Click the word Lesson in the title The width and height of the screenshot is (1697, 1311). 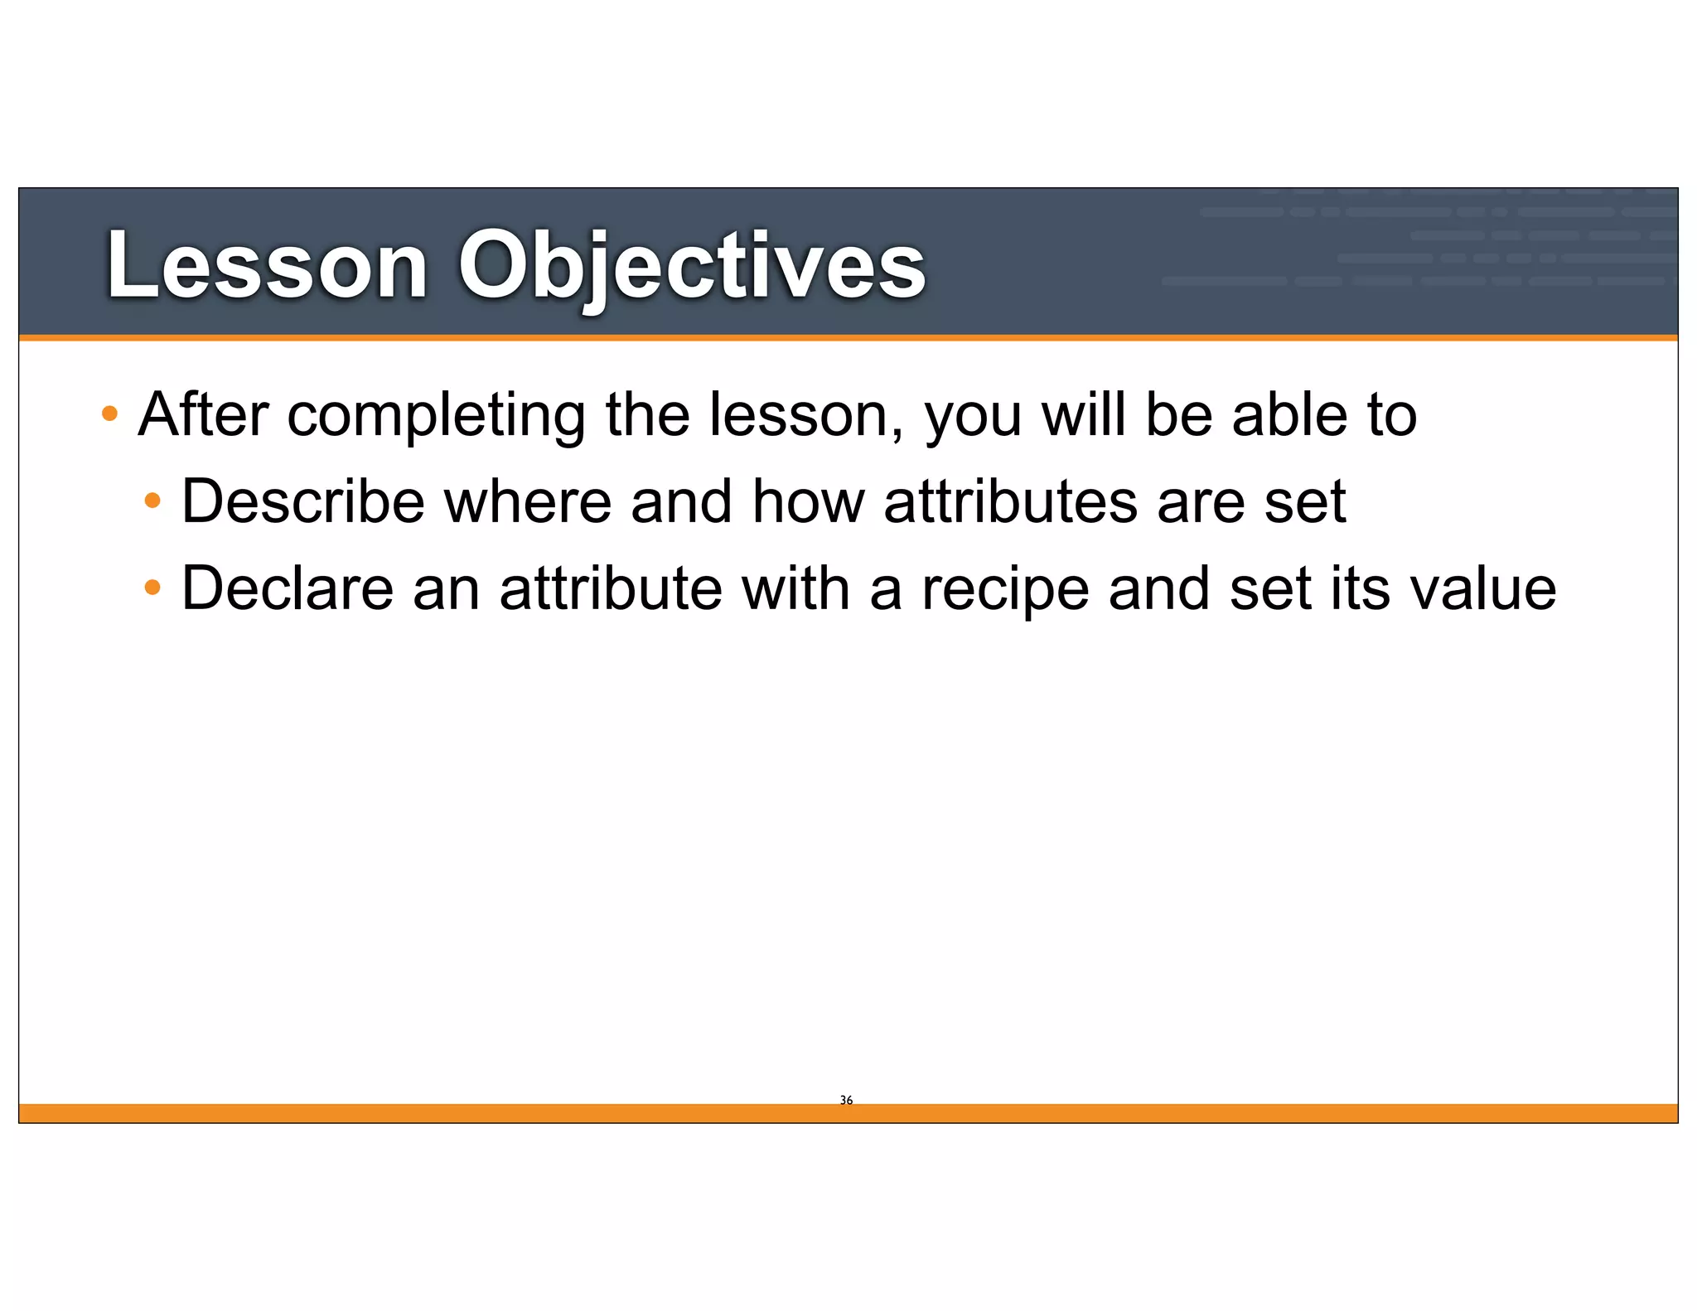point(267,265)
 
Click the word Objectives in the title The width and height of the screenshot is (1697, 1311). point(692,265)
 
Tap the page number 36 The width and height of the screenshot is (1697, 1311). point(846,1101)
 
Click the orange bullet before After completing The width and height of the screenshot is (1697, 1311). point(109,413)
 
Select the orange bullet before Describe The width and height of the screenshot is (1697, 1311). point(152,501)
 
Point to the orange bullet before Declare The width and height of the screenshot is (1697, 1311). point(152,588)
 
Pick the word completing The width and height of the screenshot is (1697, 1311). point(437,416)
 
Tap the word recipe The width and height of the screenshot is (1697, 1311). point(1005,590)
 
